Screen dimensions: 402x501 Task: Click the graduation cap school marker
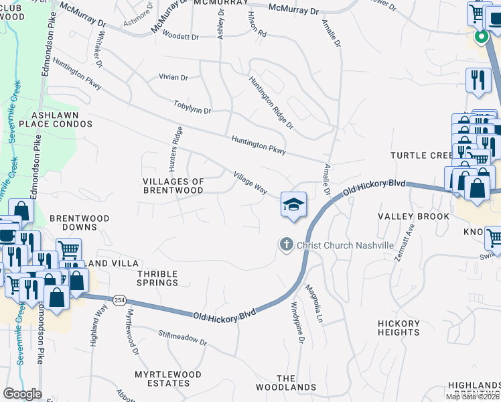[x=293, y=204]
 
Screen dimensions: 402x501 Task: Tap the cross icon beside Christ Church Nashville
[x=287, y=245]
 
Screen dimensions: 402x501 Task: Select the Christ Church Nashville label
[x=345, y=245]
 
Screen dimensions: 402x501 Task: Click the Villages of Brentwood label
[x=173, y=186]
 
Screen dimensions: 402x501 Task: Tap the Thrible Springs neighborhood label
[x=157, y=278]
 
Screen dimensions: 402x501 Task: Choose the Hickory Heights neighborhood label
[x=399, y=327]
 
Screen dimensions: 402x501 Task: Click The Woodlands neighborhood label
[x=286, y=383]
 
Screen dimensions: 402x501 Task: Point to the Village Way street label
[x=250, y=182]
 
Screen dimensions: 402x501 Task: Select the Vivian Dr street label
[x=173, y=77]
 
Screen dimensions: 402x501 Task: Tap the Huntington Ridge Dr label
[x=271, y=102]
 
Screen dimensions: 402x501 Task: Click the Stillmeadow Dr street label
[x=183, y=337]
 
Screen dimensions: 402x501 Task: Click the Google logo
[x=23, y=394]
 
